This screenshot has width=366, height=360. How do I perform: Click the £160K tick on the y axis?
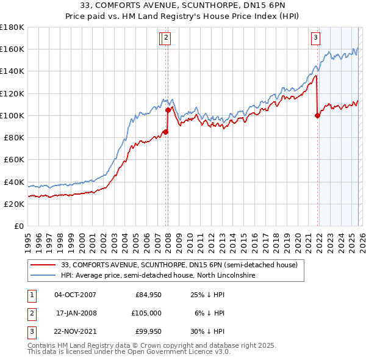pyautogui.click(x=13, y=49)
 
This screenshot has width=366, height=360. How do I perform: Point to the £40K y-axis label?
pyautogui.click(x=13, y=182)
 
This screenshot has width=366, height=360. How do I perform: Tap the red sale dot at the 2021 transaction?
pyautogui.click(x=317, y=115)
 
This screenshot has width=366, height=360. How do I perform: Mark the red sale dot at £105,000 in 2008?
pyautogui.click(x=168, y=110)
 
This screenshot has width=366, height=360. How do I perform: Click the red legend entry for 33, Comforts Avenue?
pyautogui.click(x=179, y=265)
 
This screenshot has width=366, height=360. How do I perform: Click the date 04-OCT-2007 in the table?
pyautogui.click(x=75, y=295)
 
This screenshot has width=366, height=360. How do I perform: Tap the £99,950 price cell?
pyautogui.click(x=146, y=331)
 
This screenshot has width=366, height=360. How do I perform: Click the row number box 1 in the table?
pyautogui.click(x=30, y=295)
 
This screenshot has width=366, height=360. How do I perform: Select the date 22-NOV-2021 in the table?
pyautogui.click(x=75, y=331)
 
